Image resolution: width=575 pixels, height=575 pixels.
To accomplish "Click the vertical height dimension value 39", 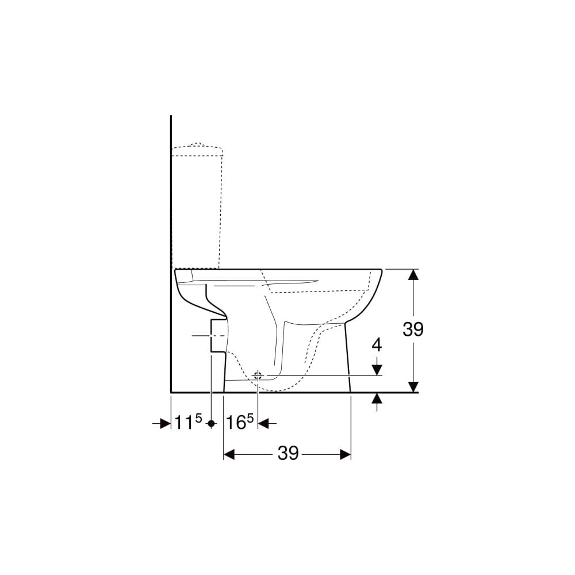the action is point(413,329).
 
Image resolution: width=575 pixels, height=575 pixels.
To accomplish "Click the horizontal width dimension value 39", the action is point(288,454).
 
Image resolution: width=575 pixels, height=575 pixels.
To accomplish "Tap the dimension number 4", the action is point(377,345).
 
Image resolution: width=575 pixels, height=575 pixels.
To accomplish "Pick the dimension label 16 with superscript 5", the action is point(239,421).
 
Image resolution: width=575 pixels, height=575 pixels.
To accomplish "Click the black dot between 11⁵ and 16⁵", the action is point(211,424).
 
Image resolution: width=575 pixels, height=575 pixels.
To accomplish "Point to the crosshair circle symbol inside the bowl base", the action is point(258,375).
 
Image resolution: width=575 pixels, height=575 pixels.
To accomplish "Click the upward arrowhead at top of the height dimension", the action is point(413,275).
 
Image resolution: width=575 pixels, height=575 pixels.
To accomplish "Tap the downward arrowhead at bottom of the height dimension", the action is point(413,386).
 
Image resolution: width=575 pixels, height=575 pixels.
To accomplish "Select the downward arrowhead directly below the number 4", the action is point(377,370).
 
